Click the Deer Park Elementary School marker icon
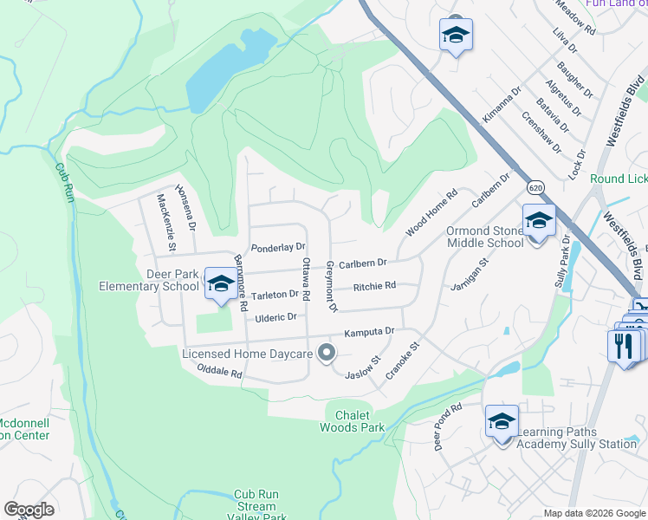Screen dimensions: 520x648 (221, 284)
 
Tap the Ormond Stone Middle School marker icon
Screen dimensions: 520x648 (538, 221)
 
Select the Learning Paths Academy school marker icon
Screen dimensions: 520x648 (502, 422)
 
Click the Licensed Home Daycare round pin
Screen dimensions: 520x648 (327, 352)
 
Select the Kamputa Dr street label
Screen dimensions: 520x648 (369, 332)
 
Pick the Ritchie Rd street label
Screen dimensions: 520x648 (374, 285)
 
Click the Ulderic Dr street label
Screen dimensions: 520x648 (276, 317)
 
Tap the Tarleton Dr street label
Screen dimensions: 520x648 (275, 295)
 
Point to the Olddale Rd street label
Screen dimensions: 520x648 (217, 371)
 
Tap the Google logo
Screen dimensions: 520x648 (29, 510)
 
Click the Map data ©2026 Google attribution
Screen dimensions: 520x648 (593, 513)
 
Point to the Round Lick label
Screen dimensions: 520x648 (618, 179)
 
